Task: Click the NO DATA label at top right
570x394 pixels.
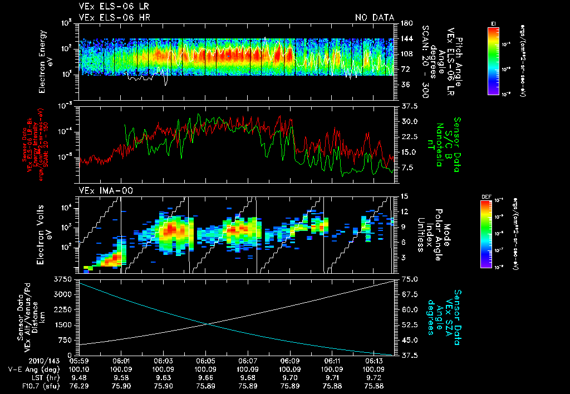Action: [x=375, y=17]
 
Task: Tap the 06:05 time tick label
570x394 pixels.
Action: [x=205, y=361]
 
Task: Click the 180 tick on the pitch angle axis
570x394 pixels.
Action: [x=405, y=23]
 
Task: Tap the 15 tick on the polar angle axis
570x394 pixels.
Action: [x=404, y=196]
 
